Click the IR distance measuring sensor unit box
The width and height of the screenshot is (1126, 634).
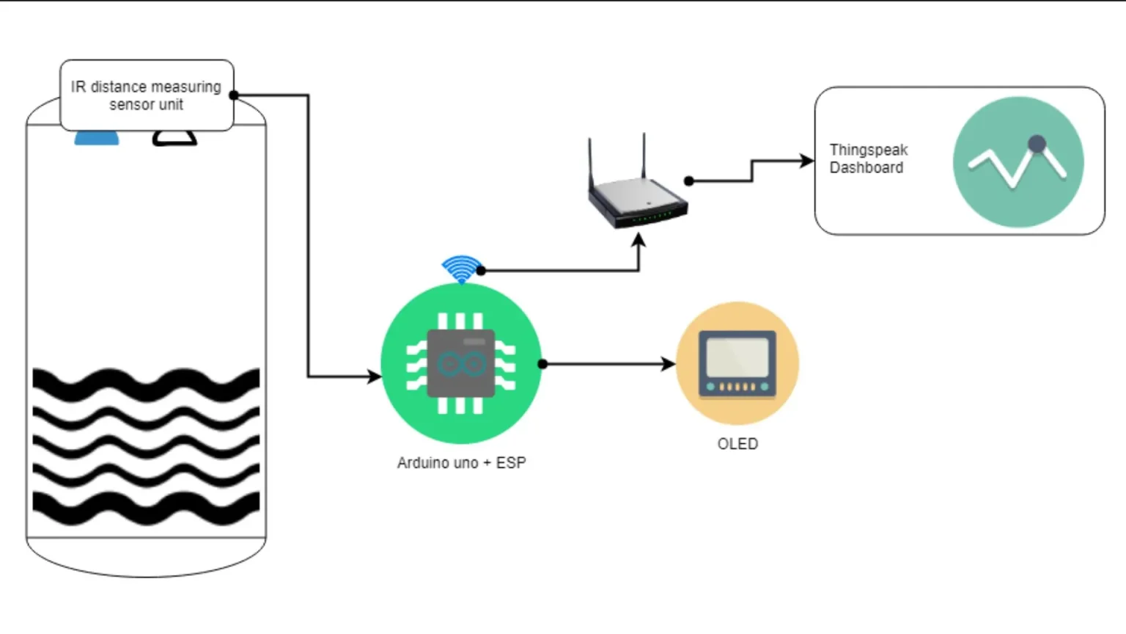tap(147, 95)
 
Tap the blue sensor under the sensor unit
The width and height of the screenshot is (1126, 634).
tap(97, 138)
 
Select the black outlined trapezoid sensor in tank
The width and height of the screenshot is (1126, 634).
tap(174, 138)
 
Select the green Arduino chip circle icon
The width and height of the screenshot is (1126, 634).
tap(461, 363)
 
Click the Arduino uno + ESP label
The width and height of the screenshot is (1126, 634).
tap(461, 463)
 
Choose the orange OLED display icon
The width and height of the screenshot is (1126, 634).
tap(737, 363)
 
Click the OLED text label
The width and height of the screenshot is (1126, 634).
tap(737, 444)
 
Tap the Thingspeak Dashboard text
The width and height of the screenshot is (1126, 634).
tap(868, 158)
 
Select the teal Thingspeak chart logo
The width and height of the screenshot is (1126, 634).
tap(1018, 162)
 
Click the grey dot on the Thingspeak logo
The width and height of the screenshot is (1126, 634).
tap(1037, 144)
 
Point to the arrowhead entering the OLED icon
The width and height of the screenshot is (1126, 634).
tap(669, 364)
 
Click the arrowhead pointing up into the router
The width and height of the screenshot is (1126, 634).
tap(639, 240)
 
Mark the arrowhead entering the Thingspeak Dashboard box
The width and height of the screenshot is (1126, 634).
tap(807, 161)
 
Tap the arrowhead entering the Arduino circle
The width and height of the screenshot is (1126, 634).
tap(374, 376)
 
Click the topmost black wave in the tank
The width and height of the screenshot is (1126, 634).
tap(147, 382)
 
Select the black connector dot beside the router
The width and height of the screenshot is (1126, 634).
tap(689, 181)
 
